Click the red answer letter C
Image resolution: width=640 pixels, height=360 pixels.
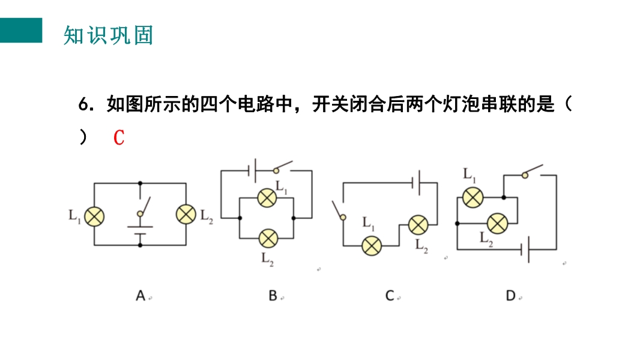pyautogui.click(x=119, y=137)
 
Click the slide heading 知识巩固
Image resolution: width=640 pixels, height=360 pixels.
pyautogui.click(x=108, y=35)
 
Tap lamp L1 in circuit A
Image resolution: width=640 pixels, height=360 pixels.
pyautogui.click(x=94, y=215)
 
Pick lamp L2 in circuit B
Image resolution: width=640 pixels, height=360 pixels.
pyautogui.click(x=267, y=238)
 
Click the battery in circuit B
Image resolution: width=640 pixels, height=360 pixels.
pyautogui.click(x=253, y=170)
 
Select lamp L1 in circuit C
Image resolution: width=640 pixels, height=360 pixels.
pyautogui.click(x=372, y=245)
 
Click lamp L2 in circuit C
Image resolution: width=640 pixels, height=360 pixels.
pyautogui.click(x=418, y=225)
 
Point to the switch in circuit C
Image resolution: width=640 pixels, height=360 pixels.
pyautogui.click(x=339, y=210)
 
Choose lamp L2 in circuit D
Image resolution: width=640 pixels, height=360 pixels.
pyautogui.click(x=497, y=223)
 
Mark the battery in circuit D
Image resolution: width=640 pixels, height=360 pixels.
pyautogui.click(x=525, y=248)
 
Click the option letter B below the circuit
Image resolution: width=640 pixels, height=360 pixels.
pyautogui.click(x=273, y=295)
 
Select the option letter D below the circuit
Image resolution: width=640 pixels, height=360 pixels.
pyautogui.click(x=511, y=295)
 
